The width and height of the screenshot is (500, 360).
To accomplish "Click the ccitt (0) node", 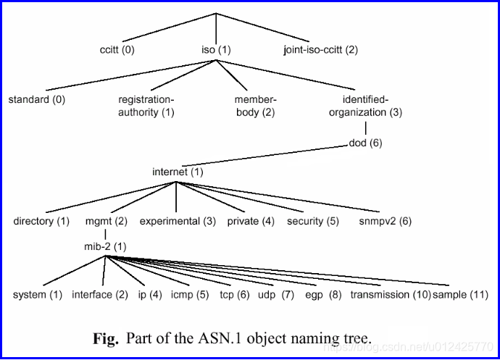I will (117, 50).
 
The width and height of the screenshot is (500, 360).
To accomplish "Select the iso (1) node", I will (215, 50).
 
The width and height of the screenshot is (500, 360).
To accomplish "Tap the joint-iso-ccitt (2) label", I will (320, 50).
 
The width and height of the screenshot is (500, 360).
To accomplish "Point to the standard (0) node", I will (36, 100).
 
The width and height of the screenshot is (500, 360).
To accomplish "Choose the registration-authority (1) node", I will (147, 106).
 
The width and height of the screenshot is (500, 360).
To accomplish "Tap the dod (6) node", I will (365, 143).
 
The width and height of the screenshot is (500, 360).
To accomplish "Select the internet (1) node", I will (178, 172).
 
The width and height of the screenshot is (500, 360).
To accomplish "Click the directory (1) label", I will (41, 221).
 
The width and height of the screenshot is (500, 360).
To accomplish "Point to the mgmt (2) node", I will (106, 221).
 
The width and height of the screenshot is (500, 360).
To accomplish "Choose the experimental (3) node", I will (178, 221).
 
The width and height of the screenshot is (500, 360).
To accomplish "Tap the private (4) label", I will (251, 221).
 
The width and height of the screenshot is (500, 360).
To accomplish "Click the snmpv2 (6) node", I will (385, 221).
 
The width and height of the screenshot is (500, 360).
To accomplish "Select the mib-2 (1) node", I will (105, 246).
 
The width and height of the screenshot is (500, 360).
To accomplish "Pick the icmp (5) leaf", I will (190, 295).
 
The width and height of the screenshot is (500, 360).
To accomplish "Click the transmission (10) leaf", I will (390, 295).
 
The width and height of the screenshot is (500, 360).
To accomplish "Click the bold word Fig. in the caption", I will (105, 338).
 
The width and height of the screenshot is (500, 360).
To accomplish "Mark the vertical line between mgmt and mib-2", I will (106, 234).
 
